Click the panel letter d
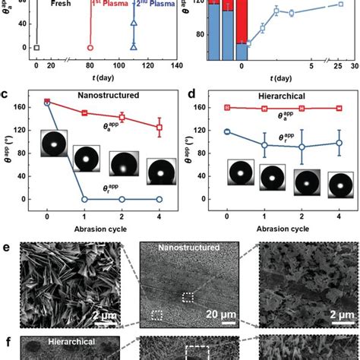[188, 94]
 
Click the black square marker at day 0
[36, 48]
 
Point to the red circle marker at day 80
[90, 48]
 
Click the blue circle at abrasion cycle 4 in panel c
[159, 199]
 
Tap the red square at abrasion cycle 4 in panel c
[159, 127]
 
